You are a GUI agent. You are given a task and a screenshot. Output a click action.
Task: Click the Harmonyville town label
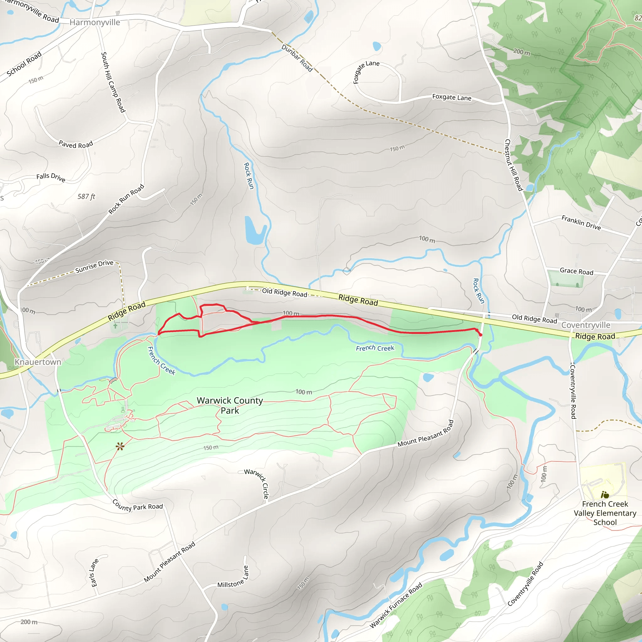(x=95, y=22)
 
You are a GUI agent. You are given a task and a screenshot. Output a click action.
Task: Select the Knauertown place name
(x=38, y=362)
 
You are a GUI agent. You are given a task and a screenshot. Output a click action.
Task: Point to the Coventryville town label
(x=586, y=325)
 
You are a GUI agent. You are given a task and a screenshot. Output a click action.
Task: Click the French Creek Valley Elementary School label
(x=605, y=513)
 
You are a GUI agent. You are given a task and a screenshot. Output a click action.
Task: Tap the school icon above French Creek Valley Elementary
(x=605, y=495)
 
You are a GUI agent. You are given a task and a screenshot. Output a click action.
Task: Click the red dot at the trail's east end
(x=480, y=335)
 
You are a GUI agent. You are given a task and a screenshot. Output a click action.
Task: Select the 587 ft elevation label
(x=86, y=197)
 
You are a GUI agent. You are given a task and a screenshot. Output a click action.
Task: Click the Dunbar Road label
(x=297, y=58)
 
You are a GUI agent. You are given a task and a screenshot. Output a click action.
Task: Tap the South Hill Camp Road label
(x=113, y=82)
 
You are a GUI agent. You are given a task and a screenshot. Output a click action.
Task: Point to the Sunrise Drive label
(x=94, y=266)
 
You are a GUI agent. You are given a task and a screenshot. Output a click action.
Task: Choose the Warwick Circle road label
(x=257, y=484)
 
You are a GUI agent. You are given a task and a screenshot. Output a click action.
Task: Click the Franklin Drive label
(x=581, y=223)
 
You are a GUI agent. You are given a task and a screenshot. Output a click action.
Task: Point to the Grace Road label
(x=576, y=271)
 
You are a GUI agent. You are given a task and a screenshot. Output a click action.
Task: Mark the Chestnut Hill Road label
(x=513, y=165)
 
